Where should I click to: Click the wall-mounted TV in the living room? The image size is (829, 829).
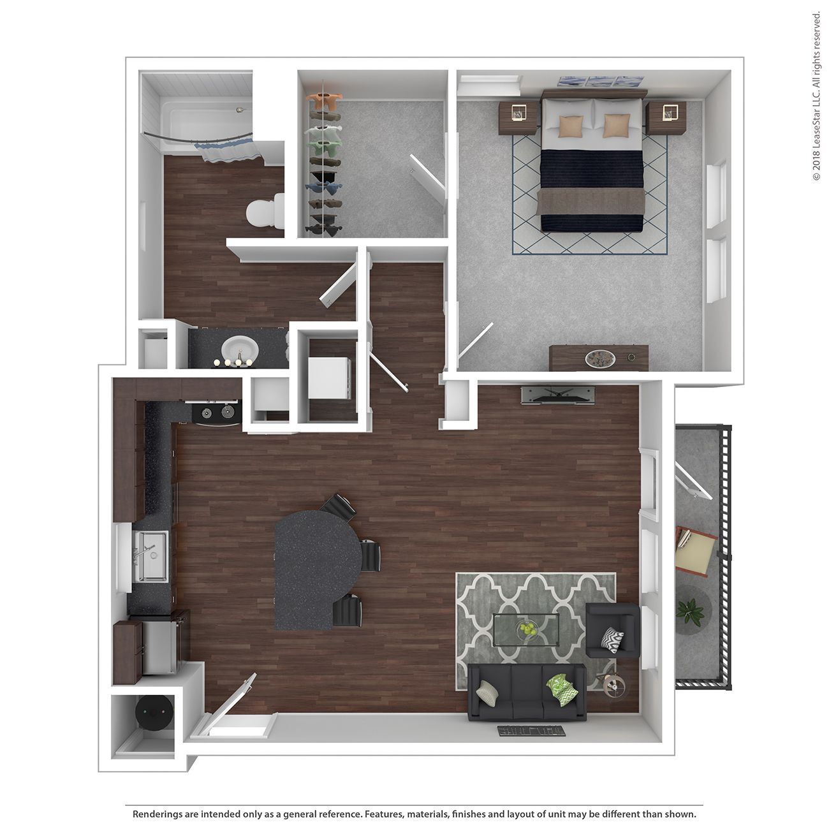558,395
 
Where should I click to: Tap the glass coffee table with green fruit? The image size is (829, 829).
526,630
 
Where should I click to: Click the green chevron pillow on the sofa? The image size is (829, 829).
562,689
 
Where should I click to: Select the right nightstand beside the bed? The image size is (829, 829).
666,117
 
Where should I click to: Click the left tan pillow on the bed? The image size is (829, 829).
571,126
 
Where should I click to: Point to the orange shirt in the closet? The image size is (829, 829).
325,102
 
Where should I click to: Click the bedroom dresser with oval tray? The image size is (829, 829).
599,358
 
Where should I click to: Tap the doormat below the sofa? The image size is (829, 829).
531,731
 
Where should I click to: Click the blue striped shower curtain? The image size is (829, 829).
228,150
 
